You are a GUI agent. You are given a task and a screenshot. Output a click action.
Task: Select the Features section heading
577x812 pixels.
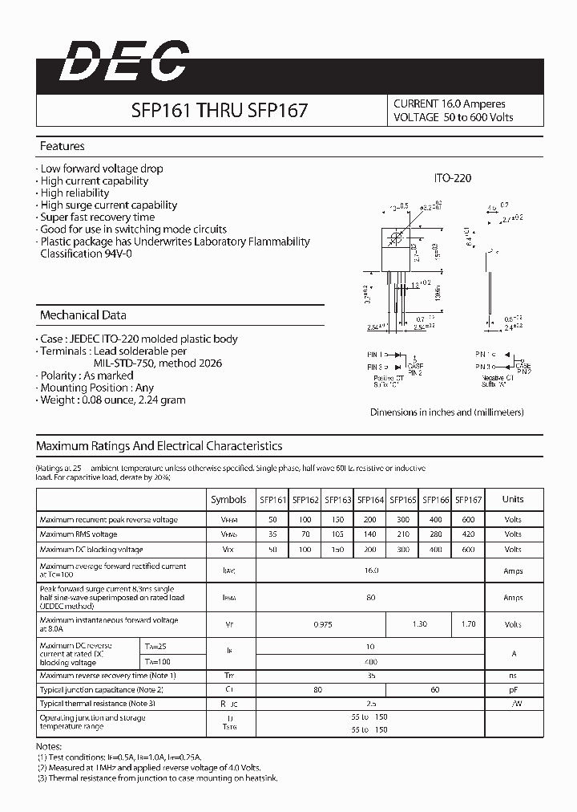coord(63,147)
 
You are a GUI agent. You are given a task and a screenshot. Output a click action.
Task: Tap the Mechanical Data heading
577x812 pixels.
coord(83,315)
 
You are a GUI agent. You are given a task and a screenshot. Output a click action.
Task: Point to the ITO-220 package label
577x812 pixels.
coord(454,178)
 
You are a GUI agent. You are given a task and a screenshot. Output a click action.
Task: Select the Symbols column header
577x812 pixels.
coord(228,500)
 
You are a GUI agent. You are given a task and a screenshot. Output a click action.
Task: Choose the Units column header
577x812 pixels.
coord(513,499)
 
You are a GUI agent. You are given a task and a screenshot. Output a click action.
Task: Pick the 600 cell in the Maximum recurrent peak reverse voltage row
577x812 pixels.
coord(468,519)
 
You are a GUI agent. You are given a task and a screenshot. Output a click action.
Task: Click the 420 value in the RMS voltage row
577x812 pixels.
coord(468,534)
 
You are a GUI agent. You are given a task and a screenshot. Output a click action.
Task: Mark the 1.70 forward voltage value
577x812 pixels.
coord(468,624)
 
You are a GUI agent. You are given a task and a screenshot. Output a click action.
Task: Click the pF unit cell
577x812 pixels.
coord(513,689)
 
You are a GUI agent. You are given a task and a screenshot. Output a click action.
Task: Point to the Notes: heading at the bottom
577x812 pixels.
coord(50,745)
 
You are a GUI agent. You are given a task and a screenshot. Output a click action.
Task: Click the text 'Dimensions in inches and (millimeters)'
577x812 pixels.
coord(446,412)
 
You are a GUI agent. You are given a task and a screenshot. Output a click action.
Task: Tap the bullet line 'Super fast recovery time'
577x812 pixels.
coord(97,217)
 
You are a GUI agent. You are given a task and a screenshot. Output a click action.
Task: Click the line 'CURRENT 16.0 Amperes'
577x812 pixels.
coord(450,104)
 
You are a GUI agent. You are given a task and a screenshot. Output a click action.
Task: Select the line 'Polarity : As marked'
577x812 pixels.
coord(86,376)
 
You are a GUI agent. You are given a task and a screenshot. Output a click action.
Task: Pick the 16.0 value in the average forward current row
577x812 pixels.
coord(370,570)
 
